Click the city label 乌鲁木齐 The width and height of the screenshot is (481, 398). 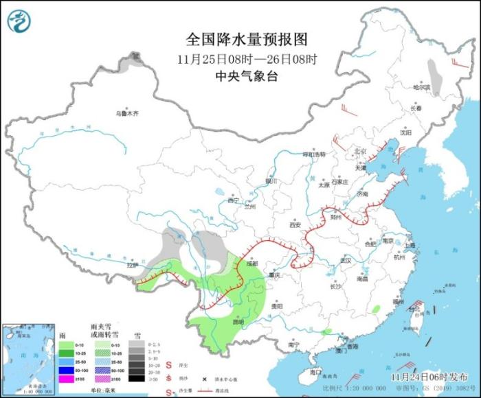tap(126, 113)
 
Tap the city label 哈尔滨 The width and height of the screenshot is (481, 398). tap(421, 87)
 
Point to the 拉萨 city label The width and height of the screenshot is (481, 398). tap(132, 265)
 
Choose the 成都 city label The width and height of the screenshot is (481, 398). tap(251, 263)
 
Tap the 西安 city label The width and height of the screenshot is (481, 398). tap(295, 224)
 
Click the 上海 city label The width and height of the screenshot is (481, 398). tap(410, 245)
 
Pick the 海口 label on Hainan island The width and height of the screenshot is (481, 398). tap(315, 371)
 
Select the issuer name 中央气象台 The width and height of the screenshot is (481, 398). tap(247, 77)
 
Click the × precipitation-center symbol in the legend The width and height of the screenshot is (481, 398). tap(204, 379)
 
